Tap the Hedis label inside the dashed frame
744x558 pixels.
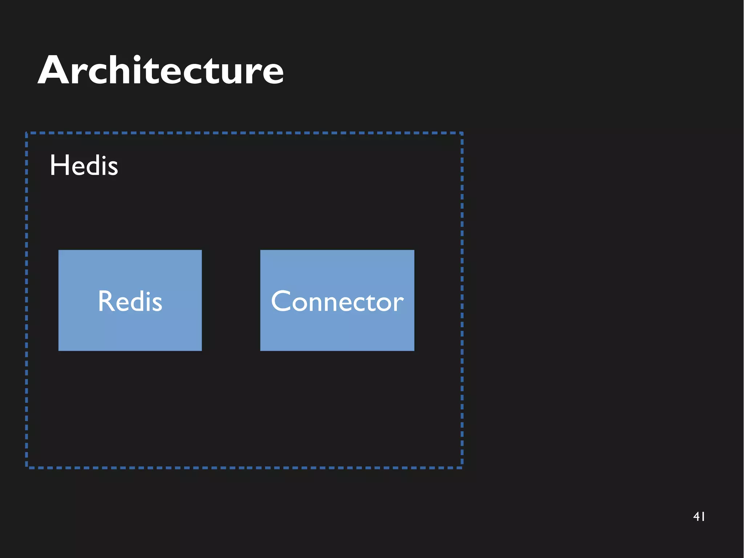pyautogui.click(x=84, y=165)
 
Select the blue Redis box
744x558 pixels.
pyautogui.click(x=130, y=300)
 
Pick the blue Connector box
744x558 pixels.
pyautogui.click(x=337, y=300)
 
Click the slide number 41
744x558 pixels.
pyautogui.click(x=699, y=516)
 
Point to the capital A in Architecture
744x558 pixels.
pyautogui.click(x=53, y=71)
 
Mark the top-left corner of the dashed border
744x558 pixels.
pyautogui.click(x=27, y=133)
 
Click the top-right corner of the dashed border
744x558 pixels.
pyautogui.click(x=462, y=133)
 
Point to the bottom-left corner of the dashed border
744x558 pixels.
pyautogui.click(x=27, y=467)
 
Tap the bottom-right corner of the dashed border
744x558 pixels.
pyautogui.click(x=462, y=467)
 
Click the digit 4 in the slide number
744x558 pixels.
pyautogui.click(x=696, y=516)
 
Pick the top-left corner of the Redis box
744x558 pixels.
pyautogui.click(x=59, y=250)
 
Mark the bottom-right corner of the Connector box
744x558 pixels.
pyautogui.click(x=414, y=350)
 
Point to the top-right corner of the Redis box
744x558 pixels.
pyautogui.click(x=201, y=250)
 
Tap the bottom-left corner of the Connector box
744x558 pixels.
pyautogui.click(x=261, y=350)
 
